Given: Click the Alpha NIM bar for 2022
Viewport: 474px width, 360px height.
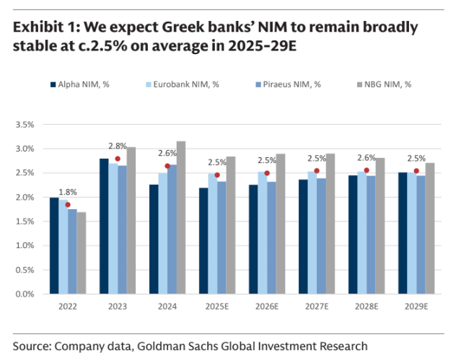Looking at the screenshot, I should click(x=54, y=245).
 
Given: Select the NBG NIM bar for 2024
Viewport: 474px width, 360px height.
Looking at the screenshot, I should click(x=180, y=217).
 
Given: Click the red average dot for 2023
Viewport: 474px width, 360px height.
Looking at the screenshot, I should click(x=118, y=159).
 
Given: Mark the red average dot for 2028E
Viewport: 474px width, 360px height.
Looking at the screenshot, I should click(x=367, y=170).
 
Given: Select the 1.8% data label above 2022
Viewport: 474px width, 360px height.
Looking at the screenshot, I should click(x=68, y=193).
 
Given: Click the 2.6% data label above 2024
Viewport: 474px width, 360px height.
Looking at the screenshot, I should click(x=167, y=153).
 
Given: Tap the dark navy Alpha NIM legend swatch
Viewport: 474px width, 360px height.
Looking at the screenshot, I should click(x=53, y=84).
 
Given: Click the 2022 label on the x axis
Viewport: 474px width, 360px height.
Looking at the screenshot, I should click(x=68, y=306).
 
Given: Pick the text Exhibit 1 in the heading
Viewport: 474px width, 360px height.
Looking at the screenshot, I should click(x=44, y=28).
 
